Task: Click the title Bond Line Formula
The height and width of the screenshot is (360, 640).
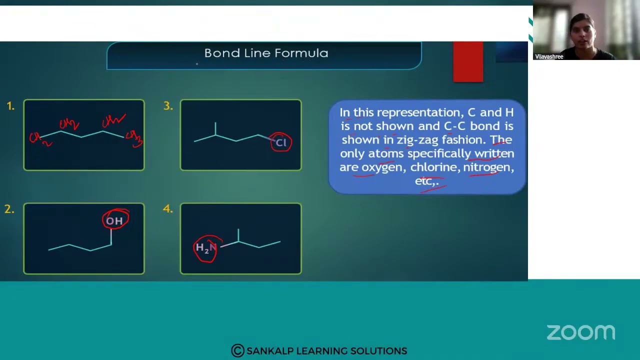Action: [x=266, y=53]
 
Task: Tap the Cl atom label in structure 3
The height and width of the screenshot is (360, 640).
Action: [x=281, y=143]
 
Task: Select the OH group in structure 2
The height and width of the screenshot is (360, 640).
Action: [x=114, y=220]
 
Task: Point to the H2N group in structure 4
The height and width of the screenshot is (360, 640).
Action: [x=206, y=247]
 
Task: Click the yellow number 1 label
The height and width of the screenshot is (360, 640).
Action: [x=10, y=106]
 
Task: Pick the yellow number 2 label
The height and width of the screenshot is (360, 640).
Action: [x=9, y=209]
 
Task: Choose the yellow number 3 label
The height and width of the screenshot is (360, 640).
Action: [x=167, y=106]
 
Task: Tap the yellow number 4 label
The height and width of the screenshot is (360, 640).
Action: [x=167, y=209]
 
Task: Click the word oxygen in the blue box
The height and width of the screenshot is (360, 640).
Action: [x=382, y=167]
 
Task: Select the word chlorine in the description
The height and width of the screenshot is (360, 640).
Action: [x=435, y=167]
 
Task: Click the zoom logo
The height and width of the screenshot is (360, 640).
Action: [x=580, y=332]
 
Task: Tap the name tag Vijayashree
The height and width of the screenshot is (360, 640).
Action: [x=549, y=56]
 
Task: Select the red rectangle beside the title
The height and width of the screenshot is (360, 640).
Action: [x=468, y=61]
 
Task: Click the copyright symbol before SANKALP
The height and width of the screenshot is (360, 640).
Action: [x=237, y=350]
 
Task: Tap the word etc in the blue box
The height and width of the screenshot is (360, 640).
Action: [x=425, y=180]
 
